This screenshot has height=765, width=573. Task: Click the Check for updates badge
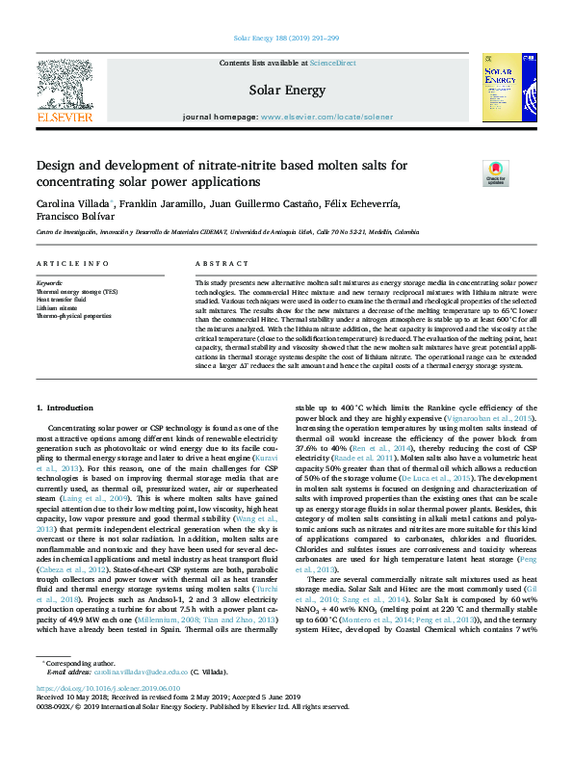[x=468, y=172]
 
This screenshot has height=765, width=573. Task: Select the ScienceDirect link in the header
[x=334, y=63]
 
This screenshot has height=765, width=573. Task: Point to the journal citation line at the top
[x=286, y=39]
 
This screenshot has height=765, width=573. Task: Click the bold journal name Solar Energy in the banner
[x=286, y=90]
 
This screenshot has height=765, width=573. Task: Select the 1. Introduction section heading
[x=64, y=409]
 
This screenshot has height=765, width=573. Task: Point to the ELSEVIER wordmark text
[x=64, y=117]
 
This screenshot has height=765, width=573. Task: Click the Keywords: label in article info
[x=49, y=283]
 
